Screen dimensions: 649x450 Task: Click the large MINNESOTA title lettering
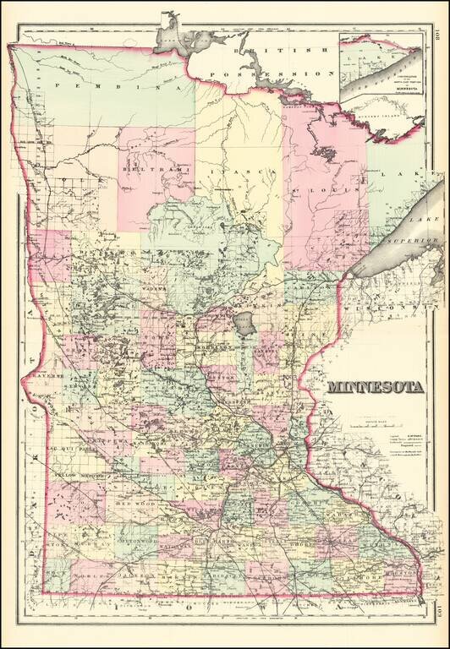pos(376,389)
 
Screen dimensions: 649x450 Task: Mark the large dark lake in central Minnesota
pos(244,322)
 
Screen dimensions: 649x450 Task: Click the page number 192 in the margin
pos(435,36)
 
